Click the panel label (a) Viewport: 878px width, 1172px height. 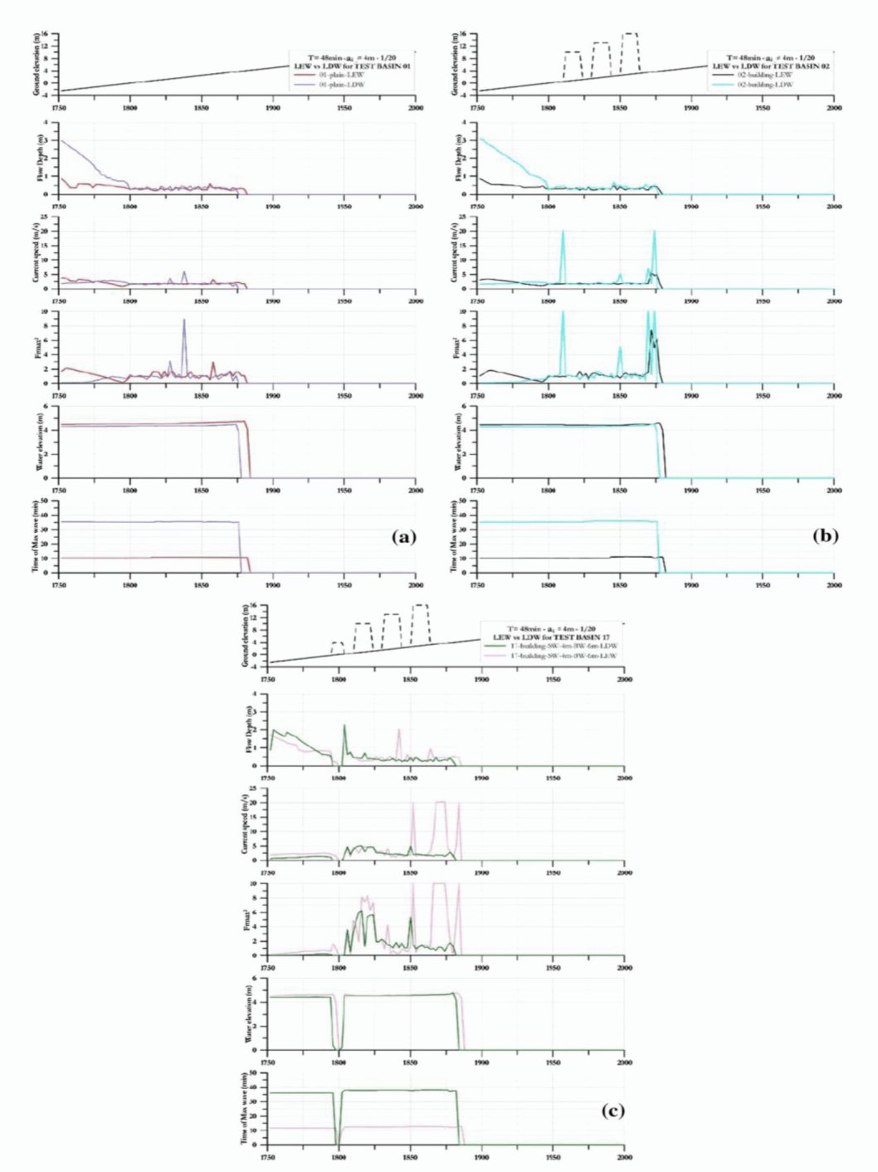pyautogui.click(x=403, y=537)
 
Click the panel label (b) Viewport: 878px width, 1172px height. pyautogui.click(x=825, y=536)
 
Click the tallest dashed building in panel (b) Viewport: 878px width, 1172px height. pyautogui.click(x=631, y=35)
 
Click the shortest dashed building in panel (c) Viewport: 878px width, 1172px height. pyautogui.click(x=337, y=643)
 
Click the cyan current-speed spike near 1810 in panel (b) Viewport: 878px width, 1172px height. pyautogui.click(x=563, y=233)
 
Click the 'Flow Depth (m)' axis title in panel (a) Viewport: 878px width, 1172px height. pyautogui.click(x=37, y=159)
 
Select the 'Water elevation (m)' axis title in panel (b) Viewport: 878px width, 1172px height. pyautogui.click(x=457, y=442)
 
